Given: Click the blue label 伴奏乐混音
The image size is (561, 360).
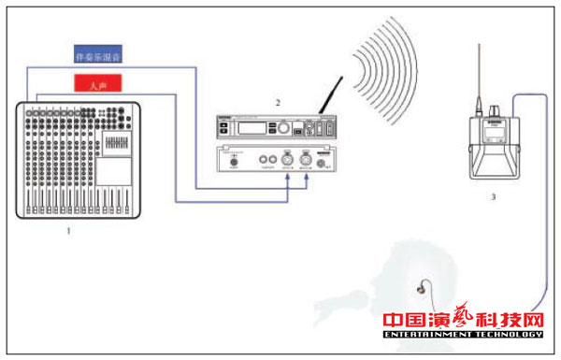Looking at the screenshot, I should [97, 57].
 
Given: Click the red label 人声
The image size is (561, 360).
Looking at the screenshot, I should [97, 85].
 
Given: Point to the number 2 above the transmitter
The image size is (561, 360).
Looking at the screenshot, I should [277, 101].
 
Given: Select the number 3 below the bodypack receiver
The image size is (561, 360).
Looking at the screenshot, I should [493, 197].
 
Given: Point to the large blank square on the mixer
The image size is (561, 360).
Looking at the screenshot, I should [114, 170].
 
